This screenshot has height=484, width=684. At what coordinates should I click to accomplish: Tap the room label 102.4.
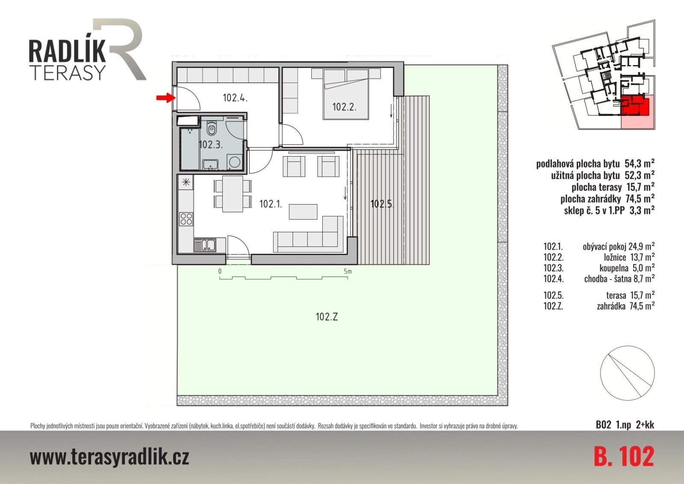pyautogui.click(x=235, y=98)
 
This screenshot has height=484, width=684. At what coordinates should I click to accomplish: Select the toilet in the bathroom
pyautogui.click(x=211, y=128)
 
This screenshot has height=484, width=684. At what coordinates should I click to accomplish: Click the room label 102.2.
pyautogui.click(x=344, y=107)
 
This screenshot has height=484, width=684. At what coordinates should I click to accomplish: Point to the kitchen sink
pyautogui.click(x=205, y=245)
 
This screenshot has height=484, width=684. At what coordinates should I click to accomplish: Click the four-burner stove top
pyautogui.click(x=186, y=219)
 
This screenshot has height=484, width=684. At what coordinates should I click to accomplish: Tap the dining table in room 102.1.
pyautogui.click(x=233, y=194)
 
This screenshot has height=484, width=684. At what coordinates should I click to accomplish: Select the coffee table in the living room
pyautogui.click(x=303, y=212)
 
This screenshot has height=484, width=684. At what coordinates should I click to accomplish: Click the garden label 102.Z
pyautogui.click(x=327, y=317)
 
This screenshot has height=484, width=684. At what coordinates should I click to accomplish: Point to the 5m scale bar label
pyautogui.click(x=348, y=271)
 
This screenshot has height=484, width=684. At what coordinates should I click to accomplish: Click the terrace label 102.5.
pyautogui.click(x=382, y=204)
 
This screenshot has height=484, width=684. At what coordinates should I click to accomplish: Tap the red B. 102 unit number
pyautogui.click(x=624, y=457)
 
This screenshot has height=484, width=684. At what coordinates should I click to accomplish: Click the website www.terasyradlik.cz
pyautogui.click(x=109, y=457)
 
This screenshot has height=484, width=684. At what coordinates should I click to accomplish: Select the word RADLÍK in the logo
pyautogui.click(x=67, y=51)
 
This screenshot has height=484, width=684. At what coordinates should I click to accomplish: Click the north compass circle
pyautogui.click(x=627, y=373)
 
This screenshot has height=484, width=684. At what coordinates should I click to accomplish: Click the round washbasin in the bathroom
pyautogui.click(x=235, y=162)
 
